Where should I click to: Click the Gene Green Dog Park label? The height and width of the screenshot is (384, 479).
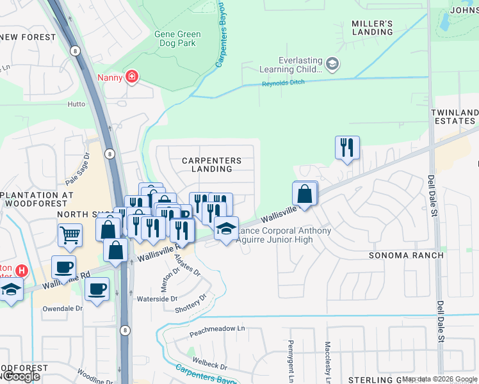coord(177,39)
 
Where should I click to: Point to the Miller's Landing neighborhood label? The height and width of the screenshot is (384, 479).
coord(372,28)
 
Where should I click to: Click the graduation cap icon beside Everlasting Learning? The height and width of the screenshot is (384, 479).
coord(332,63)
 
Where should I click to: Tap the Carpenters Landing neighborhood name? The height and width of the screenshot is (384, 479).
coord(211,164)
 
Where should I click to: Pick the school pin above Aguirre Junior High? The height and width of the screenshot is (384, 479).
coord(225,228)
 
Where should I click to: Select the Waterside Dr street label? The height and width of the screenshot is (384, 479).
coord(156,299)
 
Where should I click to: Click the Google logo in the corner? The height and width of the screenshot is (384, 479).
coord(20,376)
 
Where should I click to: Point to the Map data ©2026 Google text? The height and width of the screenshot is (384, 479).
coord(439,380)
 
